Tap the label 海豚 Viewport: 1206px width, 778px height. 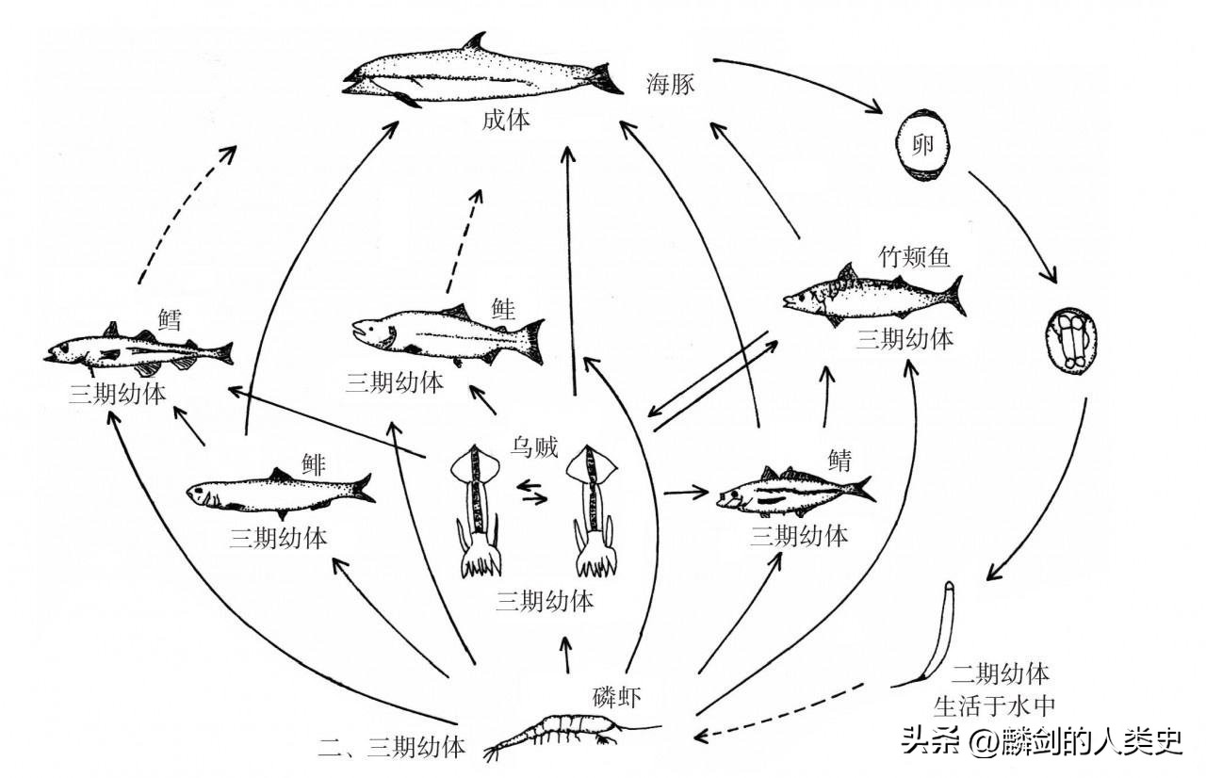click(670, 84)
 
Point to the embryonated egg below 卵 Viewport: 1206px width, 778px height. click(1074, 344)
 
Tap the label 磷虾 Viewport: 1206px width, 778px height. click(618, 697)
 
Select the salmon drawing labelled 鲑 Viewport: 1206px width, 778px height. click(448, 334)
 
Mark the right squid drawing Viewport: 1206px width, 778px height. click(594, 509)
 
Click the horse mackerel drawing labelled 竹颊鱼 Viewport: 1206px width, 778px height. click(872, 292)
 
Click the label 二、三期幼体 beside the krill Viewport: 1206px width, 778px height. click(392, 749)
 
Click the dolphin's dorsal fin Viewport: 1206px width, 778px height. click(477, 43)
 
